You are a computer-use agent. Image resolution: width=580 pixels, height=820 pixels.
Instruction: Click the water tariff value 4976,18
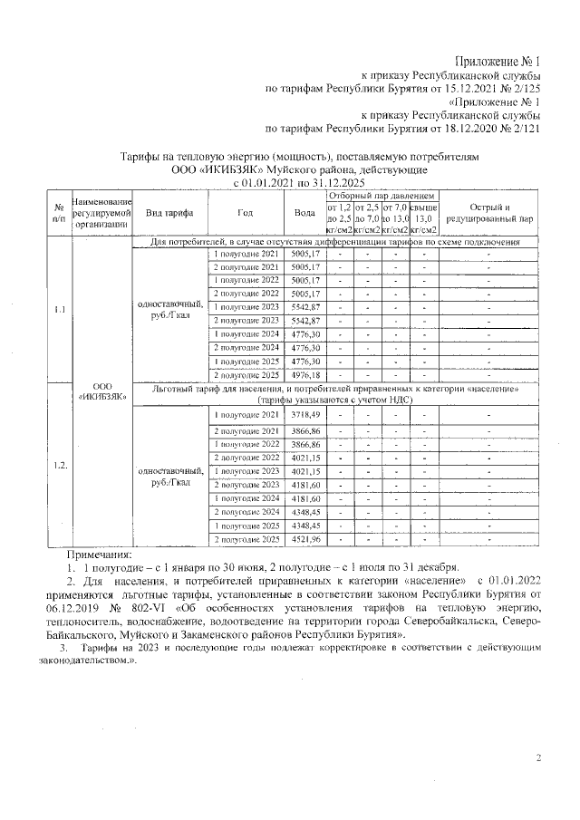click(x=305, y=374)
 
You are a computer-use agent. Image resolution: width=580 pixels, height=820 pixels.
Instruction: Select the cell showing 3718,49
click(x=305, y=414)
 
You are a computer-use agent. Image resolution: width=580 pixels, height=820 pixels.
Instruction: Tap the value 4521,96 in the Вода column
click(x=305, y=539)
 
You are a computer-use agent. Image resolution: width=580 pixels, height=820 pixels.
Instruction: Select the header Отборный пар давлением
click(x=382, y=196)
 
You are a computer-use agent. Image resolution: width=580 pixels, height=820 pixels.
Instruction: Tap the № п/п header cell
click(x=59, y=212)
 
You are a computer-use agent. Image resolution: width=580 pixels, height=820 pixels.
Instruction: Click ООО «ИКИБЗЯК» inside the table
click(x=101, y=390)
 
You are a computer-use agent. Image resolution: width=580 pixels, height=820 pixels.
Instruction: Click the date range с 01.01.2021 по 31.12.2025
click(x=290, y=182)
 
